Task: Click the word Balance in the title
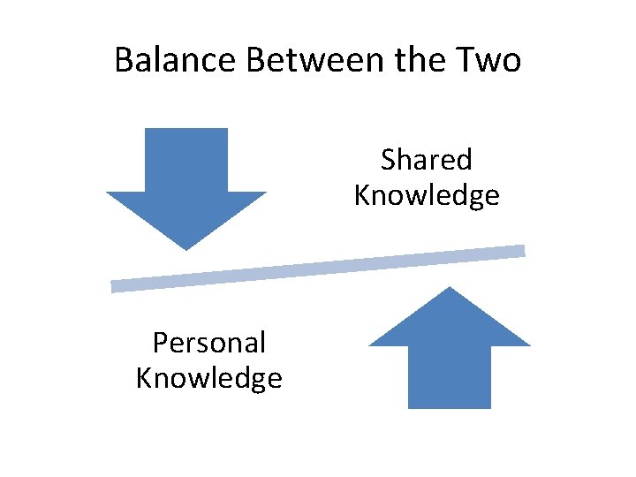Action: [177, 60]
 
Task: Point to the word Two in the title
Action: [487, 60]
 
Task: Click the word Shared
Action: [427, 160]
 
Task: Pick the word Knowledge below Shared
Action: [427, 195]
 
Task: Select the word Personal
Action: [209, 342]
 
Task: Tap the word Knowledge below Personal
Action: [209, 378]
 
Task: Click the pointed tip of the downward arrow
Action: [186, 247]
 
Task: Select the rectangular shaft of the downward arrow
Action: [186, 159]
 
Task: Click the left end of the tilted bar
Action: [115, 286]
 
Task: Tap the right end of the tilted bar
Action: [521, 251]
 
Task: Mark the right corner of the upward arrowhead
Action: [527, 344]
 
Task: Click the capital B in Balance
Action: [124, 60]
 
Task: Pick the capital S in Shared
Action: [389, 160]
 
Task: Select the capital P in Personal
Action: [160, 342]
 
